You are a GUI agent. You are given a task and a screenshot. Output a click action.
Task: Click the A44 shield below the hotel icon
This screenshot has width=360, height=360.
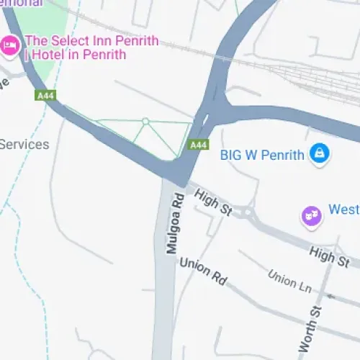[x=44, y=95]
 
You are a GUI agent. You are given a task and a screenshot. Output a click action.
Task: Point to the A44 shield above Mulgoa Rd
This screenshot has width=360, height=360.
[x=198, y=145]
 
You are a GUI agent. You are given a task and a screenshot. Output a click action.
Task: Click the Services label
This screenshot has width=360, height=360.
[x=24, y=144]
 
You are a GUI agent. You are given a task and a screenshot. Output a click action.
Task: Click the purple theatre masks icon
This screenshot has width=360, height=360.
[x=310, y=215]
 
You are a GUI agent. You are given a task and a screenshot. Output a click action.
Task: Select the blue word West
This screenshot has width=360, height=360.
[x=343, y=210]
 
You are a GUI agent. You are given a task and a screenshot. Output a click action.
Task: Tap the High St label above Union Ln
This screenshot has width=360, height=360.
[x=329, y=256]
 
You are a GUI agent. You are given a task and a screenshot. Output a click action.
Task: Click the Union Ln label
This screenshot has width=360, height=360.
[x=289, y=282]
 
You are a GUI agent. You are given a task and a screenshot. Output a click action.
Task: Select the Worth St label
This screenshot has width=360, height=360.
[x=307, y=328]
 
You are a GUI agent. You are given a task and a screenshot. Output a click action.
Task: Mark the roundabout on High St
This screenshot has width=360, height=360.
[x=248, y=212]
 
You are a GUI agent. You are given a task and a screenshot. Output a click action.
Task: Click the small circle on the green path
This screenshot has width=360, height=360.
[x=145, y=122]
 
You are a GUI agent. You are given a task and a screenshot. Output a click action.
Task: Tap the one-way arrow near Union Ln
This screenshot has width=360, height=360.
[x=330, y=296]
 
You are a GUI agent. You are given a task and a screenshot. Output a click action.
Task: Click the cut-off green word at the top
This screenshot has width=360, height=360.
[x=22, y=3]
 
